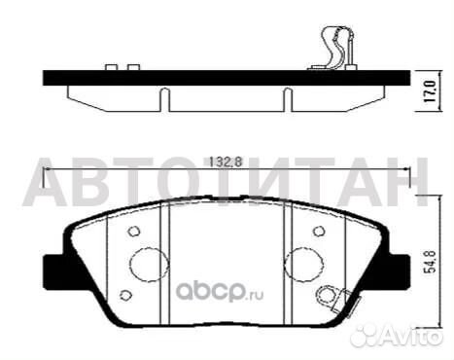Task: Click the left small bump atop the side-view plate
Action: (x=111, y=68)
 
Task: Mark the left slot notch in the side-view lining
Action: (x=164, y=97)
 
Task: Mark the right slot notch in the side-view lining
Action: (x=288, y=97)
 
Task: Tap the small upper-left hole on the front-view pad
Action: (x=134, y=232)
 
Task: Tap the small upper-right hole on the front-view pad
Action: (x=319, y=232)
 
